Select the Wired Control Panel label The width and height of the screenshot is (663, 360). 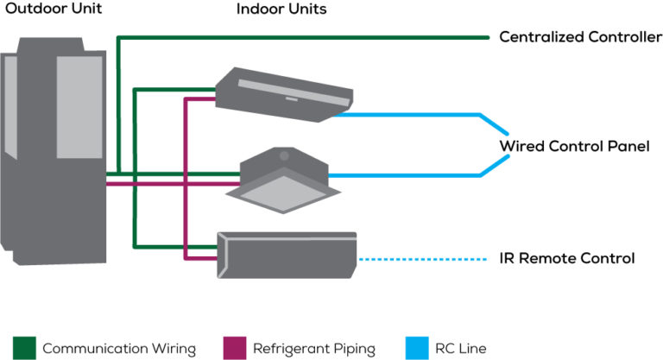pos(574,146)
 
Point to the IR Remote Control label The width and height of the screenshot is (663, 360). pos(567,258)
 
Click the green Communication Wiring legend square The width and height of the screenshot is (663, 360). pos(24,349)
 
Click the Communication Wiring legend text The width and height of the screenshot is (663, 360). pos(119,349)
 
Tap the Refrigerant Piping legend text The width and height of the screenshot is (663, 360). pos(313,349)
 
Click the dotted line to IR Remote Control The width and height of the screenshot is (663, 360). pos(423,259)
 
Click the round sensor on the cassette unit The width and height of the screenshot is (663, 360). pos(282,155)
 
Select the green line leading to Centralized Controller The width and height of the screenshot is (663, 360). pos(302,37)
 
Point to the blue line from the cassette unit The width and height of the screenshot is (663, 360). pos(406,175)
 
